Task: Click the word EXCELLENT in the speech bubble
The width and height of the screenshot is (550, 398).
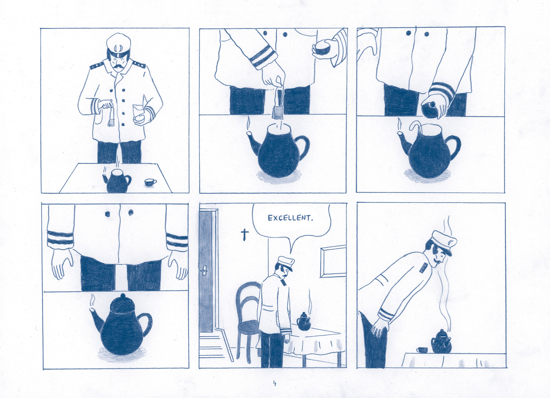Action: click(290, 218)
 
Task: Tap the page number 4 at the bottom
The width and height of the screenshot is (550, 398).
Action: click(275, 383)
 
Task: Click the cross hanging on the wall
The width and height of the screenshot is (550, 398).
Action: click(244, 235)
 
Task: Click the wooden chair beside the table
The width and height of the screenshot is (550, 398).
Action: click(247, 321)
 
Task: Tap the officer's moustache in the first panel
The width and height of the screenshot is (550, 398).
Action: click(118, 67)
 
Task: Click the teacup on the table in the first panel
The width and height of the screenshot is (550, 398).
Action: click(150, 182)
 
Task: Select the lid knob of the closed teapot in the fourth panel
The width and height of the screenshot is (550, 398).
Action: click(123, 296)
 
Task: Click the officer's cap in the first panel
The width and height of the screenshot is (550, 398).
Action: click(118, 45)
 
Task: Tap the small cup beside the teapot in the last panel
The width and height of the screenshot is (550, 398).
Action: click(421, 350)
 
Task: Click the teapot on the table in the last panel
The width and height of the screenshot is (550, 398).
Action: click(441, 342)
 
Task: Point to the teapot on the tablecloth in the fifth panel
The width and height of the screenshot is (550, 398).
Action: click(304, 321)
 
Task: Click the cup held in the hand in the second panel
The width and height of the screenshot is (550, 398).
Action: click(322, 49)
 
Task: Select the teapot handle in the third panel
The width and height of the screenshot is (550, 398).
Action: click(453, 146)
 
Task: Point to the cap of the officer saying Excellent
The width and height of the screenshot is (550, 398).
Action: click(286, 263)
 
